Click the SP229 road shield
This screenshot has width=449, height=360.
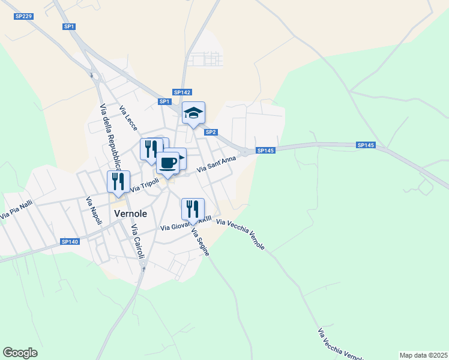coord(23,16)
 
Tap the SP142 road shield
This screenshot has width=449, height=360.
coord(182,92)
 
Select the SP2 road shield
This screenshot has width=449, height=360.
coord(211,132)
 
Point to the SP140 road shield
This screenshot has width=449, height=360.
coord(70,242)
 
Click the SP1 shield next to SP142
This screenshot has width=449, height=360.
coord(164,101)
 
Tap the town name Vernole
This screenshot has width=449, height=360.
coord(130,213)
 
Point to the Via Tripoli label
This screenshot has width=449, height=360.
coord(145,187)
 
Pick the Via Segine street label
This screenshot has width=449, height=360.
coord(200,242)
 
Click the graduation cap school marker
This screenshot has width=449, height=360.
coord(194,113)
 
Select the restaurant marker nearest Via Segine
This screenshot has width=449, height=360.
coord(193,209)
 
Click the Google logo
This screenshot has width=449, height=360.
coord(20,353)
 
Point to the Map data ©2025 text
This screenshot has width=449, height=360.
coord(423,355)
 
